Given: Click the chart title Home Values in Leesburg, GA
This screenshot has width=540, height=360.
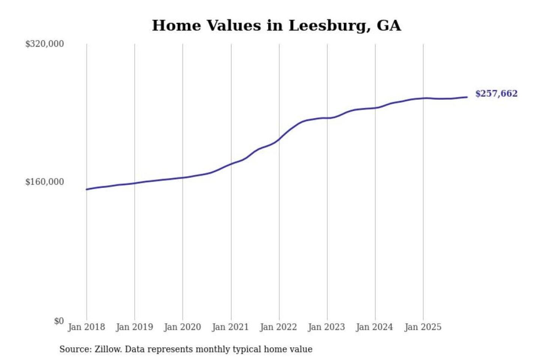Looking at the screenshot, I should click(x=276, y=25).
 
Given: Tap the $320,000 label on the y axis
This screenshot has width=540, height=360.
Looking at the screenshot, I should click(x=45, y=44).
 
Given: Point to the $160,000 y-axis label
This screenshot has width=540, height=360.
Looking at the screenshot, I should click(x=45, y=182).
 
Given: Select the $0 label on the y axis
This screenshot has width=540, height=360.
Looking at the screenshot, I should click(x=59, y=321).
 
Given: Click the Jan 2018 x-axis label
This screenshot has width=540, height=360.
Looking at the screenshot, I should click(x=86, y=327).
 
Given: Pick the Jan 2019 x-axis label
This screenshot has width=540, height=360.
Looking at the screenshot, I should click(x=134, y=327).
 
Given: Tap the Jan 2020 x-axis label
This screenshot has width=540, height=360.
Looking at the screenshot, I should click(x=182, y=327).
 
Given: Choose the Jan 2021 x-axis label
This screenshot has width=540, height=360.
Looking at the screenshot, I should click(x=230, y=327).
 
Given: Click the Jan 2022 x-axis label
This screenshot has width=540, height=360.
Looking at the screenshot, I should click(x=278, y=327).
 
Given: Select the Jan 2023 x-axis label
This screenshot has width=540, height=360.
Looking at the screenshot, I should click(x=326, y=327).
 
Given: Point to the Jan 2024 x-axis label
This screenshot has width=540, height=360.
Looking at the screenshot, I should click(x=374, y=327).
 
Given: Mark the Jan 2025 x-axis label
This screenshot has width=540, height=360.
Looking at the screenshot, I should click(x=423, y=327).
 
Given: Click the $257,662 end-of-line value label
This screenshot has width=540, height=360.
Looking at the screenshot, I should click(x=496, y=93).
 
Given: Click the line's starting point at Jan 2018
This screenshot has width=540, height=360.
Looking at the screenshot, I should click(x=87, y=189).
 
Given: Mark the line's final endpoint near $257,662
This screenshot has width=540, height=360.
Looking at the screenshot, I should click(x=467, y=97).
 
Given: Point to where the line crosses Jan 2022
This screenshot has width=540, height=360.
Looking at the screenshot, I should click(x=279, y=139).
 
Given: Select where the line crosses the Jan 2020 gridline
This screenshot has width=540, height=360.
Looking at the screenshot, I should click(x=183, y=177).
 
